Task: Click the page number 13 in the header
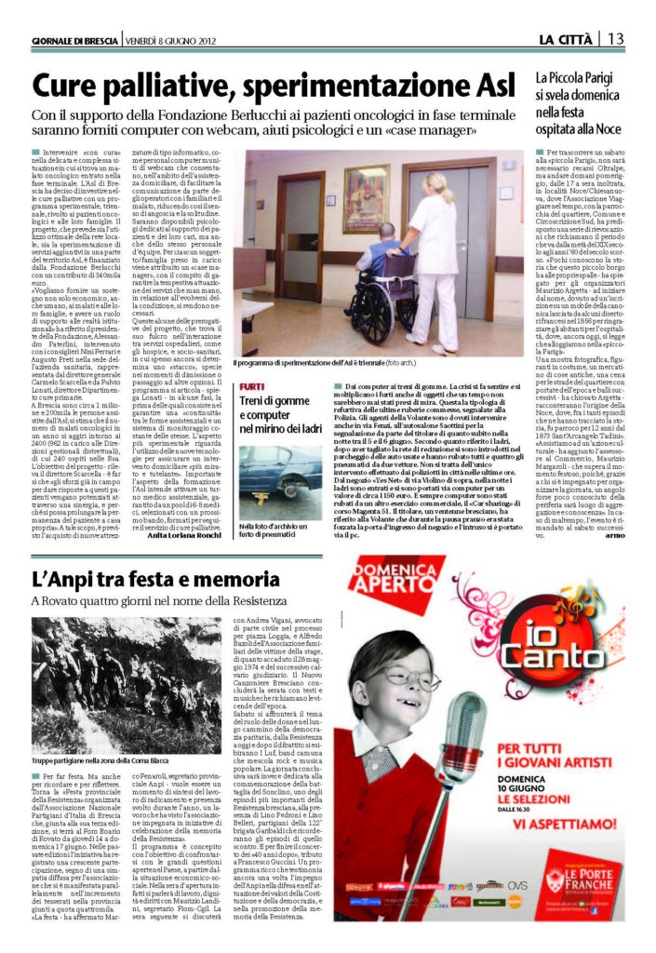coord(616,38)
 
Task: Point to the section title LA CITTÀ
coord(567,38)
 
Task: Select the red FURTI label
coord(250,385)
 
